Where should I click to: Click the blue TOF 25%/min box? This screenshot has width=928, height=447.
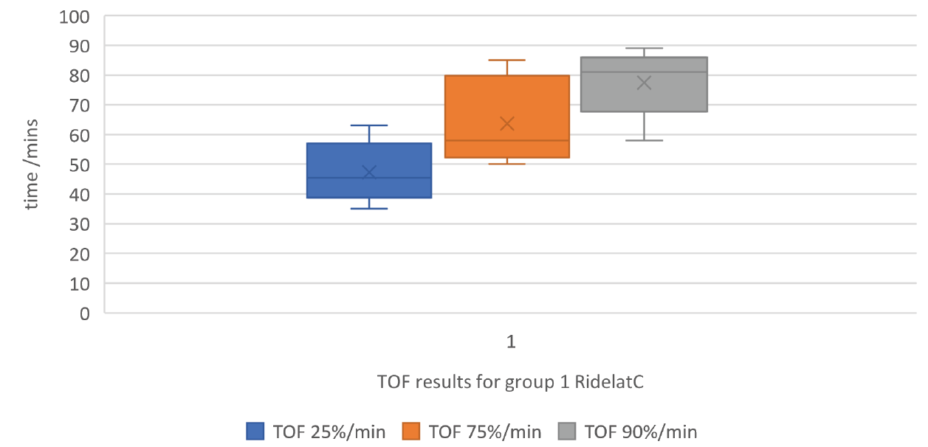tap(369, 159)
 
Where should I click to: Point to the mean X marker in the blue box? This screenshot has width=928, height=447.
tap(369, 172)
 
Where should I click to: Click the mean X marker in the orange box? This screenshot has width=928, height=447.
tap(507, 123)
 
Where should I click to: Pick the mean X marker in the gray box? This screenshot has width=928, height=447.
tap(645, 83)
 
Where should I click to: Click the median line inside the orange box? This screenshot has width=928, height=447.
tap(507, 140)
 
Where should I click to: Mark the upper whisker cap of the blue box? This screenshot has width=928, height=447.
tap(369, 125)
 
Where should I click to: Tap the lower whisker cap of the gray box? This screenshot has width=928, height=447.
tap(645, 140)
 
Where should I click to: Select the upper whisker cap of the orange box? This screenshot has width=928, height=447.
tap(507, 60)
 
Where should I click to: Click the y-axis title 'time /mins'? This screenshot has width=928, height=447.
tap(32, 166)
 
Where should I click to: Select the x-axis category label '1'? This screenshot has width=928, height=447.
tap(509, 342)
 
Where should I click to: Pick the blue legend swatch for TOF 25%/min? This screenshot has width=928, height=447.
tap(255, 431)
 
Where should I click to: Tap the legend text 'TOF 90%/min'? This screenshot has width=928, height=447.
tap(640, 432)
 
